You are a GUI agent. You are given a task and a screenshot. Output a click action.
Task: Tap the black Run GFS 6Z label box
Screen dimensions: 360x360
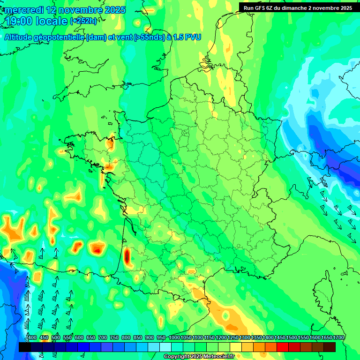coord(298,7)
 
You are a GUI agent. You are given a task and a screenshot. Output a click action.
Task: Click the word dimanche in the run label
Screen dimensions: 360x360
coord(300,7)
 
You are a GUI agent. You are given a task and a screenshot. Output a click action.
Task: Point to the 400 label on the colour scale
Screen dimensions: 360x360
coord(32,338)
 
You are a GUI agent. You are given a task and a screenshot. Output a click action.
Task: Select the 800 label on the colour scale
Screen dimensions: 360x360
coord(126,338)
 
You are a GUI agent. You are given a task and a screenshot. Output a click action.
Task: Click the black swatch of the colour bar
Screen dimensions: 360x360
coord(25,347)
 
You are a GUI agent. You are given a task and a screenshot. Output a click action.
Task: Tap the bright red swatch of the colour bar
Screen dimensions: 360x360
coord(283,347)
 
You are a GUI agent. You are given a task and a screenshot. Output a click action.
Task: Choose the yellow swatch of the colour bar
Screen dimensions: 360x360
coord(236,347)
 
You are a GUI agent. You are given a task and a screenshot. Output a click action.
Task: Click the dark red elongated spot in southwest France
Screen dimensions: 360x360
coord(127,256)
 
